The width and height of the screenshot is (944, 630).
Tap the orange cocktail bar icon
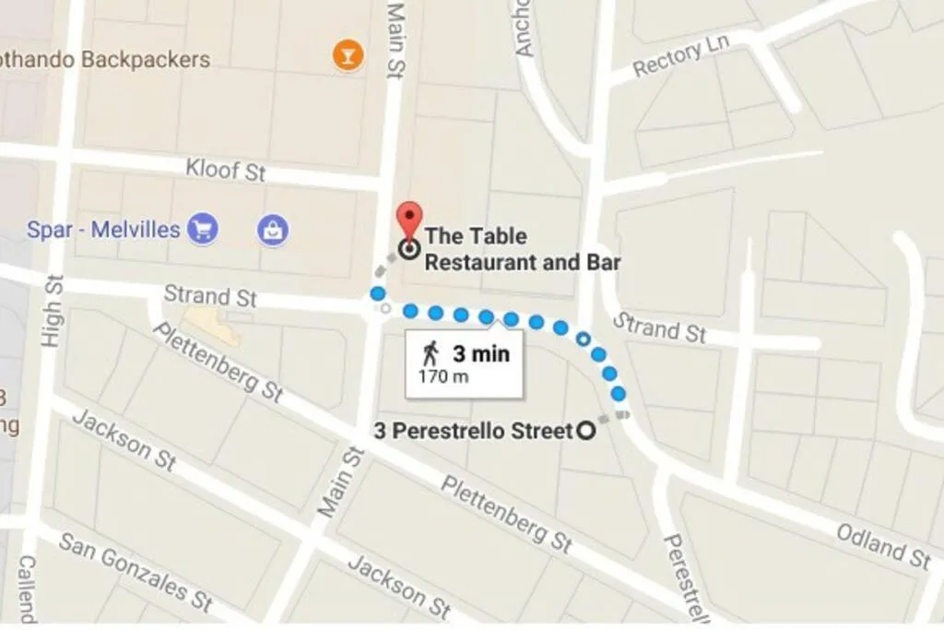click(348, 56)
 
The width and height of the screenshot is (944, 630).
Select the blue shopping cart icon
click(202, 228)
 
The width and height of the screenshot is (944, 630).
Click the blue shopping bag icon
click(273, 230)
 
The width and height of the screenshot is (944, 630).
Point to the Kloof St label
click(225, 170)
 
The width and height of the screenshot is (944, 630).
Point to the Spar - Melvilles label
click(102, 229)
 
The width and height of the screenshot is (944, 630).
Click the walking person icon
click(431, 353)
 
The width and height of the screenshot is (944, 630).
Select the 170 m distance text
click(443, 376)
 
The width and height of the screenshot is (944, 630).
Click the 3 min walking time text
click(481, 354)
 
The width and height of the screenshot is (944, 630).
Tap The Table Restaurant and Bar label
click(522, 249)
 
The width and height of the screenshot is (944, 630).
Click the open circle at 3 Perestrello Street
click(585, 431)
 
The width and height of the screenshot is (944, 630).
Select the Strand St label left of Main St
click(210, 296)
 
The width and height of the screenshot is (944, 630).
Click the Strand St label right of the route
click(659, 327)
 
